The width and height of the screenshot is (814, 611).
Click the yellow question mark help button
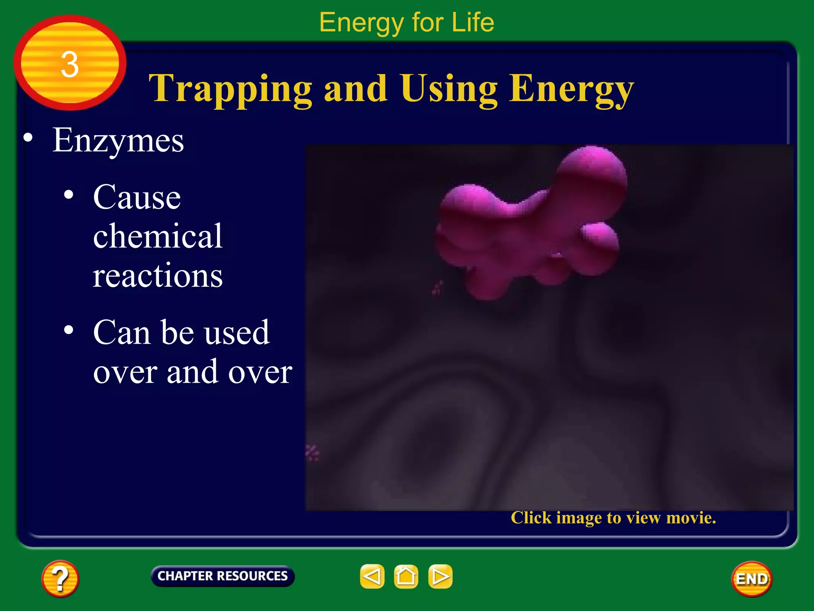pos(60,578)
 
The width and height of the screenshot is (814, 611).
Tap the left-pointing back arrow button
pos(372,576)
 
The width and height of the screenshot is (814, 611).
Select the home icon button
pos(406,576)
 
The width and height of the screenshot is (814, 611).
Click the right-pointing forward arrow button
pos(440,576)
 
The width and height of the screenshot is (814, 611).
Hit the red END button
pos(751,579)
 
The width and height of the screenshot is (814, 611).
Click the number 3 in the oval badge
pos(70,64)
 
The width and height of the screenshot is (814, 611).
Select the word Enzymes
pos(118,140)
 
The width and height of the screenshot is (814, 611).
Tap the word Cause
pos(137,197)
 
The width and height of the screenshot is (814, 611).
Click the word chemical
pos(157,236)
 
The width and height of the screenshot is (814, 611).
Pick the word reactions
pos(157,276)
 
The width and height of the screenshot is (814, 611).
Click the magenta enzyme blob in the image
pos(529,231)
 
